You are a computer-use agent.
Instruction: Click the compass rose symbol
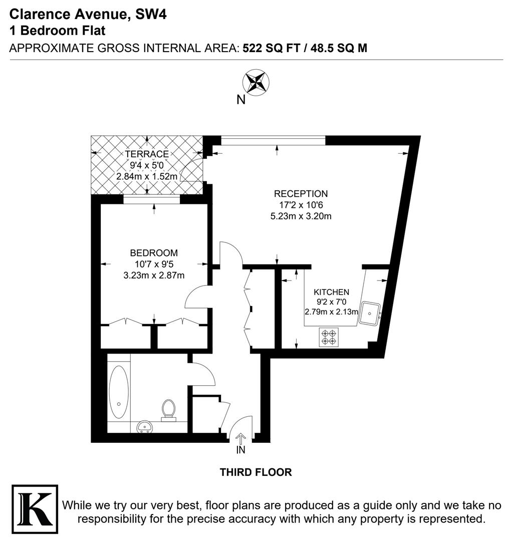click(255, 81)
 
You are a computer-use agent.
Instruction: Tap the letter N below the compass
click(241, 100)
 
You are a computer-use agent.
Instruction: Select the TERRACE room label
click(147, 154)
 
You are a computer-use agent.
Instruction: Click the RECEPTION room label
click(301, 194)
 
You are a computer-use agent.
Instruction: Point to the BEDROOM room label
click(154, 253)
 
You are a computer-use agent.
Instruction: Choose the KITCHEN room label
click(331, 292)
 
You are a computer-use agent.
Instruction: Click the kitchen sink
click(370, 314)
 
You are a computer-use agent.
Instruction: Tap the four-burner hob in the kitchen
click(328, 337)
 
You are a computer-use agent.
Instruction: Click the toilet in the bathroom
click(168, 409)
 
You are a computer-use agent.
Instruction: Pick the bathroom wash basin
click(146, 427)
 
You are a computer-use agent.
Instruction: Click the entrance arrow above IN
click(240, 438)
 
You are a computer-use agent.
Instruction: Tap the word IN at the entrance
click(241, 450)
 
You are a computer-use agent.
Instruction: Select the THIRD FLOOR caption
click(255, 472)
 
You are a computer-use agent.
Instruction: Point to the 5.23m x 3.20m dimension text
click(301, 216)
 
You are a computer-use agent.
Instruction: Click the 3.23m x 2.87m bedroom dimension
click(154, 275)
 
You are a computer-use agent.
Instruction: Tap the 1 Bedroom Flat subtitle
click(58, 31)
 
